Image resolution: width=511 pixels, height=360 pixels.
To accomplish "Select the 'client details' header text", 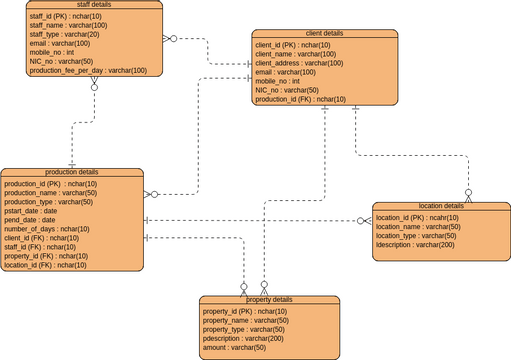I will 324,33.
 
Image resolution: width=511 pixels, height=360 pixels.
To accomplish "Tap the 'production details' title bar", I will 72,172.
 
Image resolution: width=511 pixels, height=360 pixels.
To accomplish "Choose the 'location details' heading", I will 441,206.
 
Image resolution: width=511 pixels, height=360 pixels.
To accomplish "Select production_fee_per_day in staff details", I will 88,70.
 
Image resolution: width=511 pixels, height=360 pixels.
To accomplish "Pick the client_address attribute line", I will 299,63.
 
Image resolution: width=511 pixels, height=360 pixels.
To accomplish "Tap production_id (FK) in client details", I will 300,99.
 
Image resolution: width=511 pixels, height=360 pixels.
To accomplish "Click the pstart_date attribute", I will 31,211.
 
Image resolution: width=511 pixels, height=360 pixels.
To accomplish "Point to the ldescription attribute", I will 414,244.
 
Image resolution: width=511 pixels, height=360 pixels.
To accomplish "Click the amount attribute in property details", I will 234,347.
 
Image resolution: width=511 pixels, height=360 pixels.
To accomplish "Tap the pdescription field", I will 243,338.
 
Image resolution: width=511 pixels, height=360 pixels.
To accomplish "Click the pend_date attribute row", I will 29,220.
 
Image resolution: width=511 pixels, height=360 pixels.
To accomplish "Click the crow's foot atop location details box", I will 467,198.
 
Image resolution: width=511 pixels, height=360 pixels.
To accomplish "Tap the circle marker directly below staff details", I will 95,87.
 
